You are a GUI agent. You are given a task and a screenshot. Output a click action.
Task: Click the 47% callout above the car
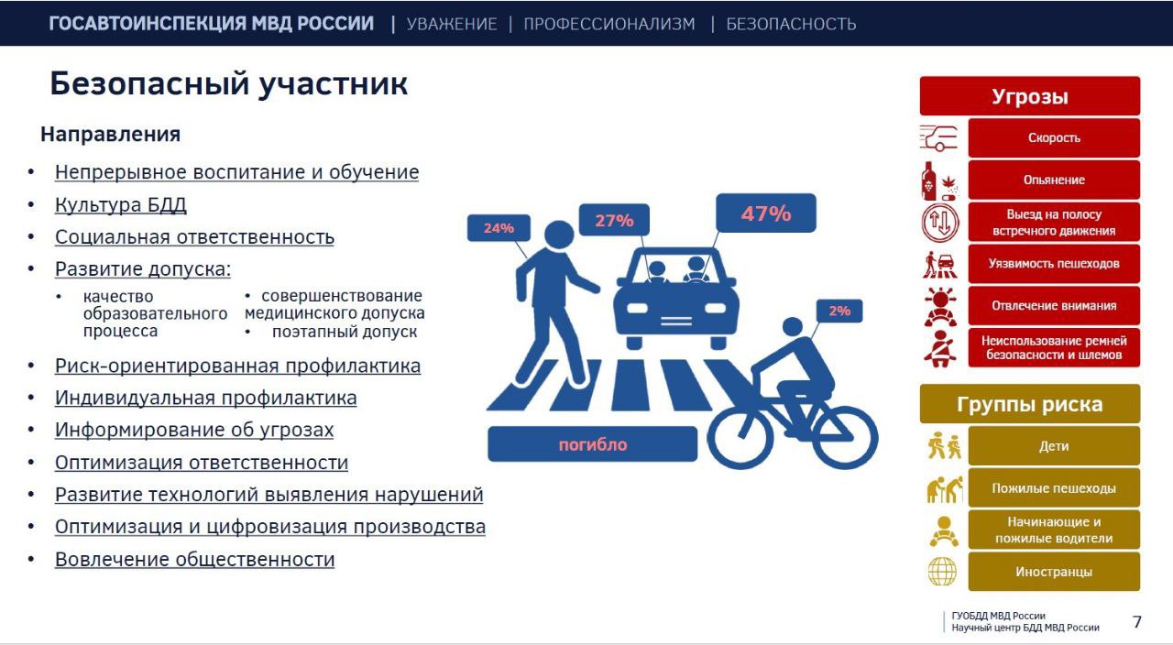point(765,213)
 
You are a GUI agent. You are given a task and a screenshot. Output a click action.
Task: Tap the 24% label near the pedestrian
point(499,228)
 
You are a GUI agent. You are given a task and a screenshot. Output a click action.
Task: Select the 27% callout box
point(614,220)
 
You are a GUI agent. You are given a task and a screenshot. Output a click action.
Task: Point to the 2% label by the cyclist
point(839,311)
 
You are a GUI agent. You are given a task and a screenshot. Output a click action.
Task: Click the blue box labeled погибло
point(592,444)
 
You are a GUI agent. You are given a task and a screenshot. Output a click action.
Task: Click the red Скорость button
point(1053,137)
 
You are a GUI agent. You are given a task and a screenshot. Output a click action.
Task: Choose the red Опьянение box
point(1053,180)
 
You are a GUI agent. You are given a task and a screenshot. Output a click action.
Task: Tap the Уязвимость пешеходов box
point(1053,264)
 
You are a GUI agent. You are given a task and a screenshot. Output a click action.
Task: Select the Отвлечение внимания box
point(1053,305)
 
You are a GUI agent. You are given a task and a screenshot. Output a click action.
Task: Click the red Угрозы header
point(1029,96)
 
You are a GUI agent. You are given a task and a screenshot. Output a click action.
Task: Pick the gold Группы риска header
point(1029,404)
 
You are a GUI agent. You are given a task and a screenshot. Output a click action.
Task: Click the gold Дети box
point(1053,446)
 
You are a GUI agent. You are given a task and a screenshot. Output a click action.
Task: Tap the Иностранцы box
point(1053,572)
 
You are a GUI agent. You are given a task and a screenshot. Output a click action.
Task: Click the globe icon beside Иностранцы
point(942,572)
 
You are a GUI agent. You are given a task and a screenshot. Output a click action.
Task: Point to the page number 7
point(1137,622)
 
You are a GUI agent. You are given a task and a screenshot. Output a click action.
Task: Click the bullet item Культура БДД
point(120,204)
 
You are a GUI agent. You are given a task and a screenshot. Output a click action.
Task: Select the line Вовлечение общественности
point(194,559)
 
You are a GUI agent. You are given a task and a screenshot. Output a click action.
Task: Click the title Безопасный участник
point(228,84)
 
